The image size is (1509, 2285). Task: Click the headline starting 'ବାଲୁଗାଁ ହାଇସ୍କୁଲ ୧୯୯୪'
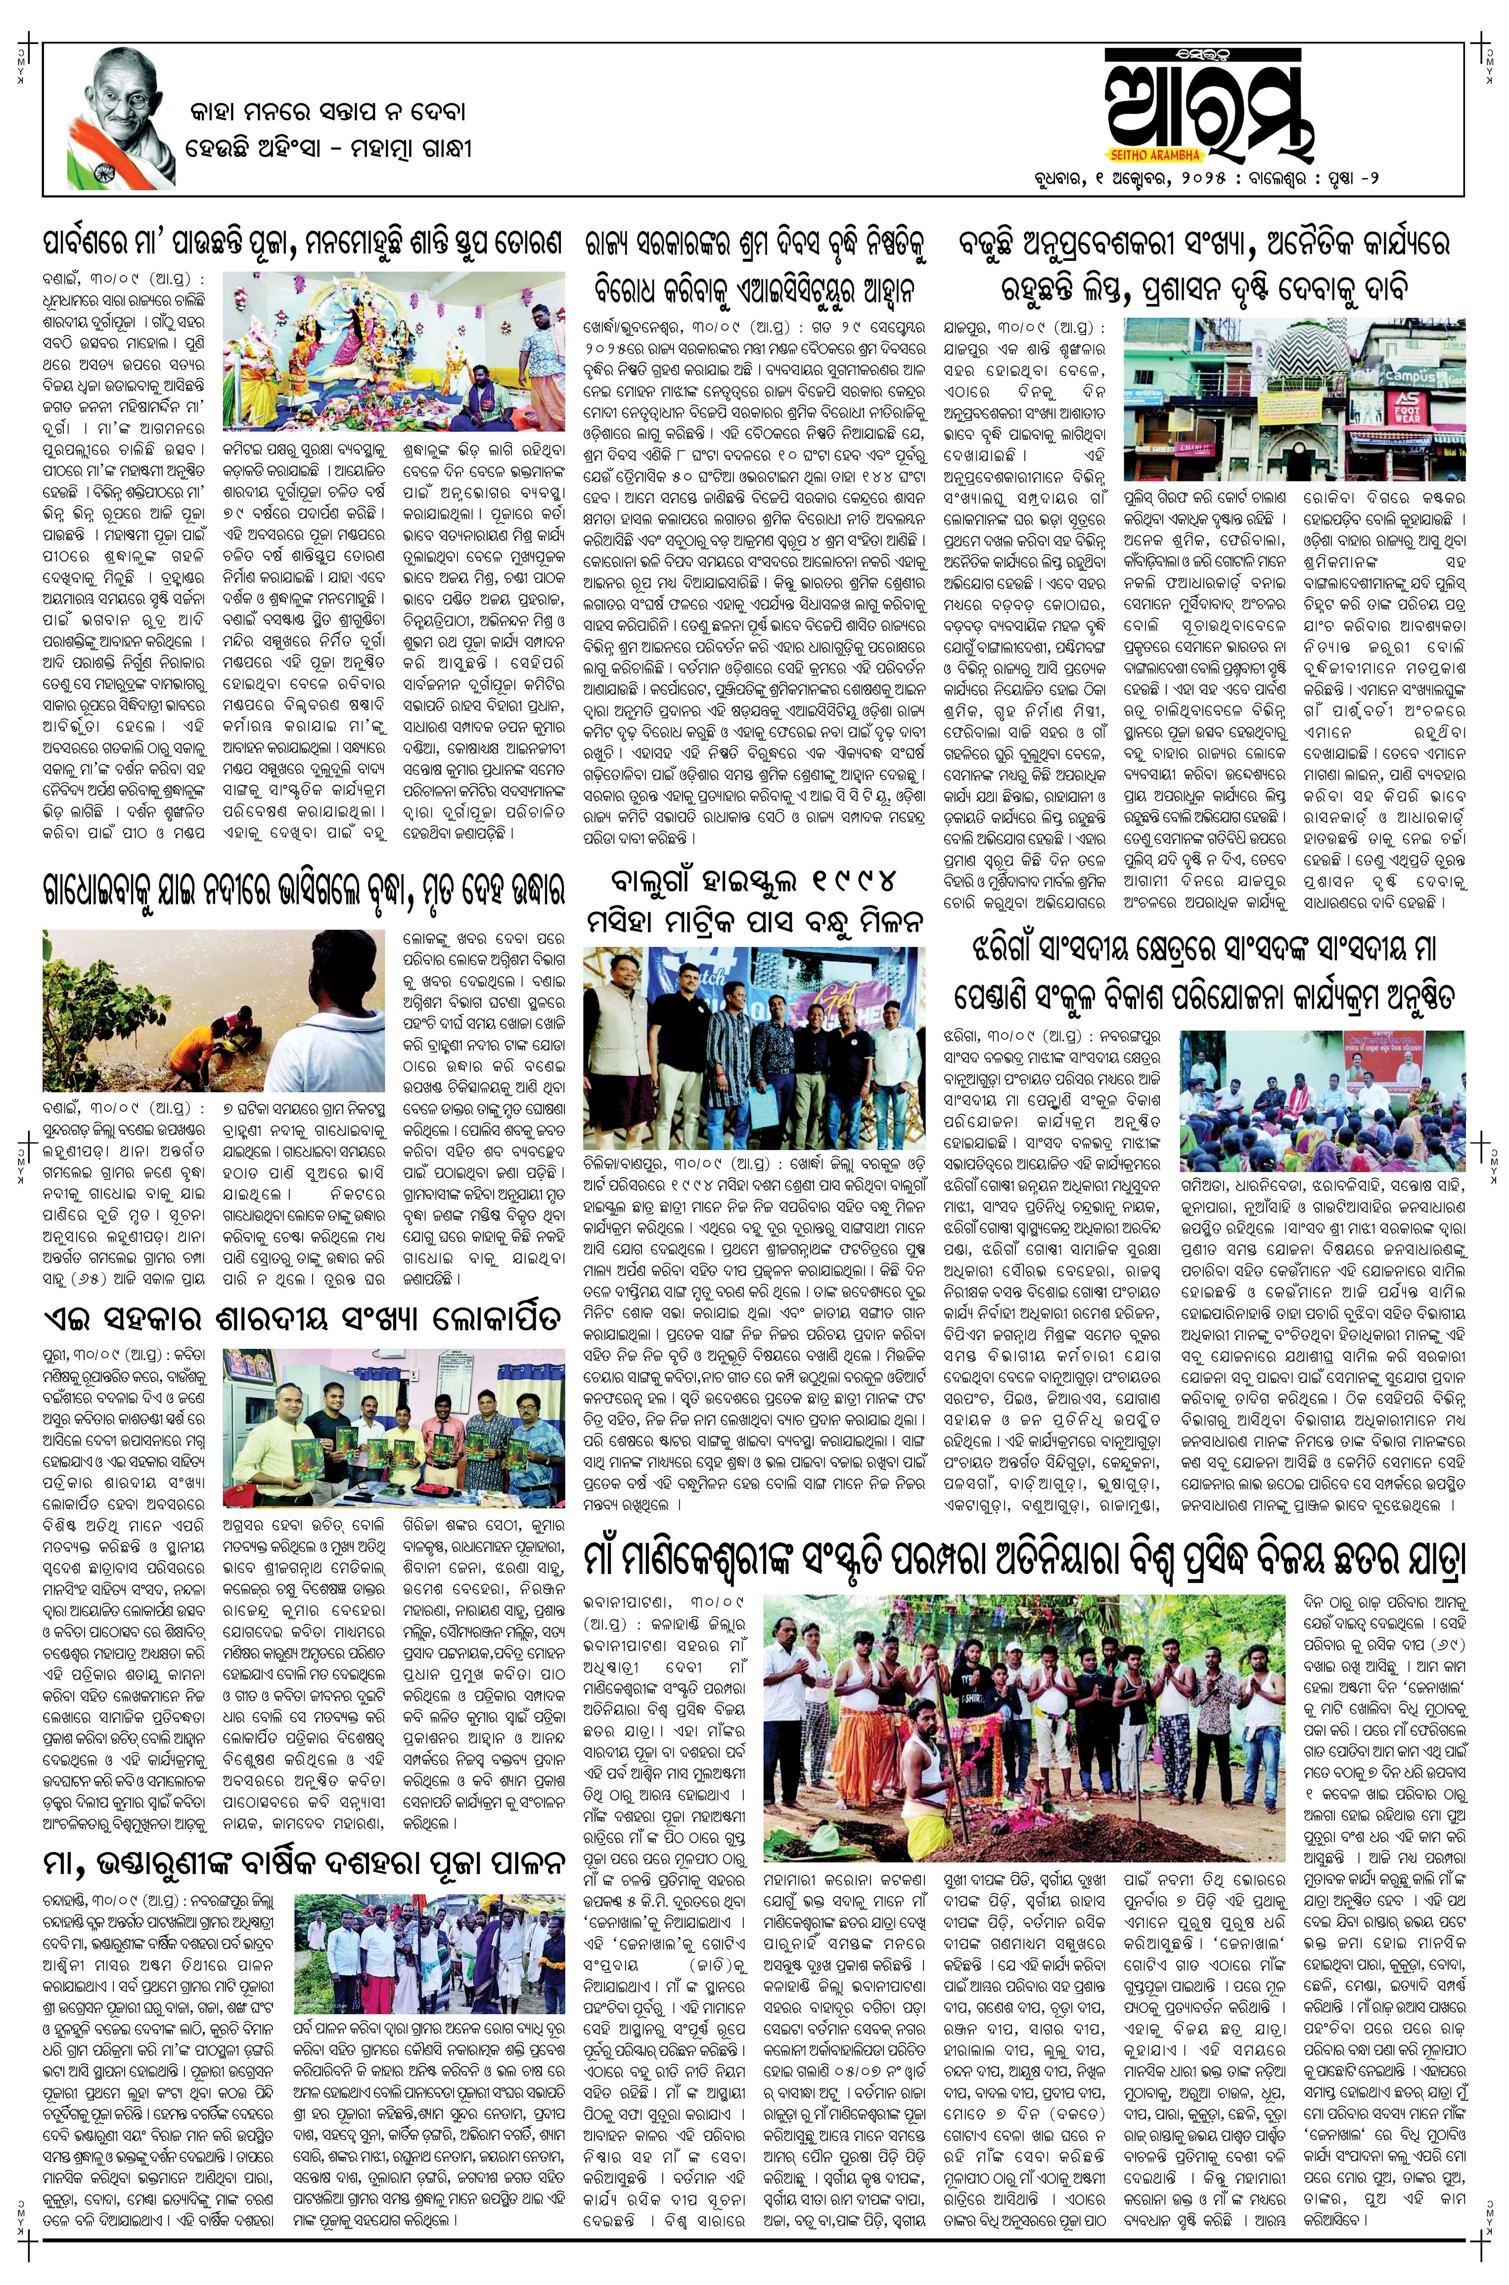[755, 900]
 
